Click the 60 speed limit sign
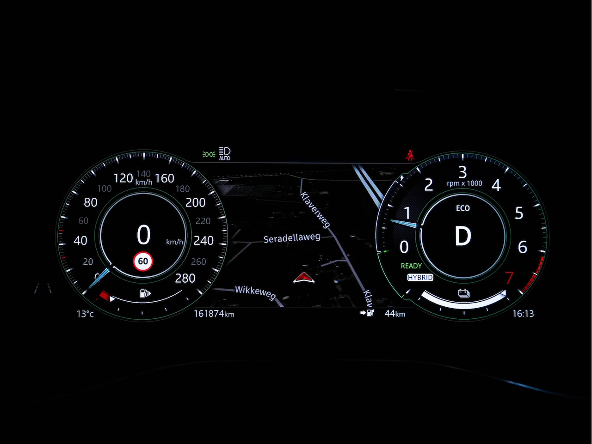point(143,262)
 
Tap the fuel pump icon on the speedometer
point(145,293)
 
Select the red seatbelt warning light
point(410,155)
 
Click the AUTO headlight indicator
point(225,154)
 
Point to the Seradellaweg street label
point(291,238)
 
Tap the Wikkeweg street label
point(255,292)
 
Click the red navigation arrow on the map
point(303,277)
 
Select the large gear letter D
point(462,237)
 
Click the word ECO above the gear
point(462,208)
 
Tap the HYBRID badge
point(420,278)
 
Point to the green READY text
point(411,266)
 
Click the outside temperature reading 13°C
point(85,314)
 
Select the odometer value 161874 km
point(214,314)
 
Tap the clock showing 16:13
point(523,314)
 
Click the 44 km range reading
point(395,314)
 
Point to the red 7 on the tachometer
point(509,278)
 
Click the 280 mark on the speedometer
point(185,278)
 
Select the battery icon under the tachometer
point(463,293)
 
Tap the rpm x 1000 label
point(464,183)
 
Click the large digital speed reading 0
point(143,235)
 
